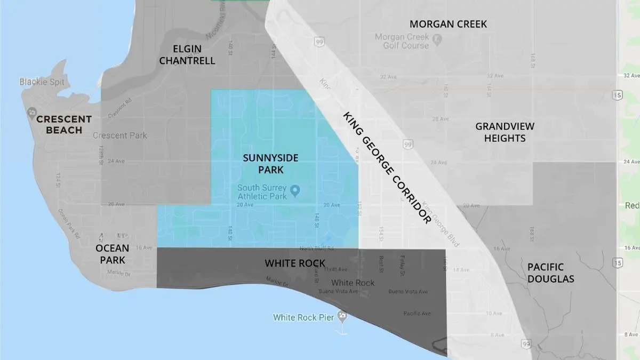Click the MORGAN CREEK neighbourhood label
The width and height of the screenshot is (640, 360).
click(448, 24)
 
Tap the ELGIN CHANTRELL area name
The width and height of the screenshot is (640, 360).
click(187, 54)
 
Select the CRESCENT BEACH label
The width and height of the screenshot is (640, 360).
click(64, 124)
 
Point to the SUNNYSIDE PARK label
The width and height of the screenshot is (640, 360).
click(270, 164)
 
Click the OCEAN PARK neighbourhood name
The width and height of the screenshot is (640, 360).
click(113, 254)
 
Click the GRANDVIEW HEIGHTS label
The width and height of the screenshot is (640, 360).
click(505, 132)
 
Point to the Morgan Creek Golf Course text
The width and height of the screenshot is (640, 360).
click(402, 41)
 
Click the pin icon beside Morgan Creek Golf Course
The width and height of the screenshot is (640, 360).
click(437, 38)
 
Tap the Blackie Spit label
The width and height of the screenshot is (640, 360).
click(41, 82)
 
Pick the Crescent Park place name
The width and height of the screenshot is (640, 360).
click(119, 135)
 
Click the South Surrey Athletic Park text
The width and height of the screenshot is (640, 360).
click(262, 191)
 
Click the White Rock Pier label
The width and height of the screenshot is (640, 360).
click(303, 317)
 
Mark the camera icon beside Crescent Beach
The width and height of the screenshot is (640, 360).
click(31, 113)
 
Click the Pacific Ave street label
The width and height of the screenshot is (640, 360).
click(417, 313)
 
